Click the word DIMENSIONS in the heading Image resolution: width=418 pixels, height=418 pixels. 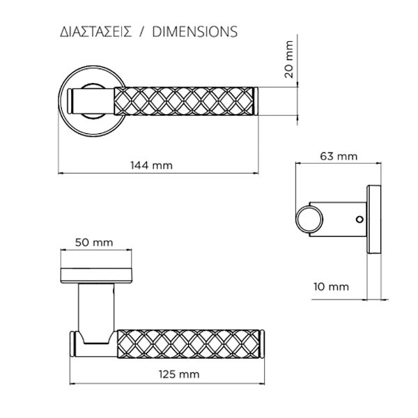pyautogui.click(x=194, y=32)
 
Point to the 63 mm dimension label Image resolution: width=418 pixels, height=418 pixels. pyautogui.click(x=338, y=157)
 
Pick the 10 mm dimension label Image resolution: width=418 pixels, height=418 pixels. pyautogui.click(x=330, y=286)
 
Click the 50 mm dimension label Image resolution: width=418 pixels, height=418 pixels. pyautogui.click(x=93, y=242)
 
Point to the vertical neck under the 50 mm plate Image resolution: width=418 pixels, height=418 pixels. pyautogui.click(x=95, y=307)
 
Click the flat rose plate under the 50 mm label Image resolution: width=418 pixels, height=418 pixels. pyautogui.click(x=95, y=274)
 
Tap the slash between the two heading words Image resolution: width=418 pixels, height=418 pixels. pyautogui.click(x=142, y=32)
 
